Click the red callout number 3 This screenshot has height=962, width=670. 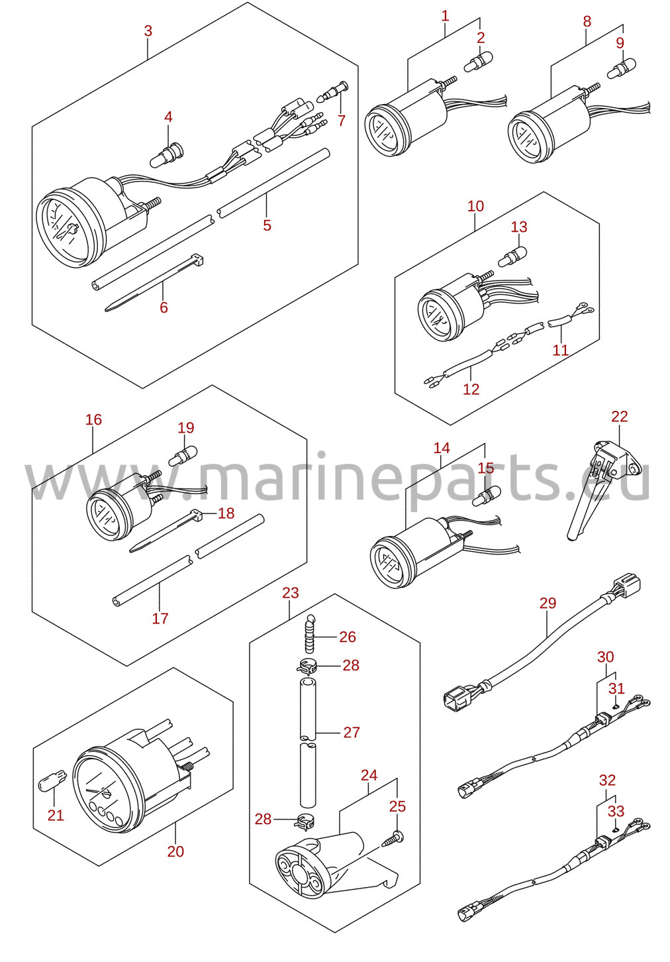tap(148, 31)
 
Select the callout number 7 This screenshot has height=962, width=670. tap(341, 121)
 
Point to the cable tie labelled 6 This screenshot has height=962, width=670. tap(154, 282)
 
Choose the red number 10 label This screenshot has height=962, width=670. tap(475, 206)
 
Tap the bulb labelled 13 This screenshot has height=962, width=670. tap(512, 256)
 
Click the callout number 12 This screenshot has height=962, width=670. tap(471, 389)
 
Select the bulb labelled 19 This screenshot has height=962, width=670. tap(183, 456)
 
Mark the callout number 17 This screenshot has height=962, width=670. tap(160, 618)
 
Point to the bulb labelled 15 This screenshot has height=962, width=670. tap(487, 496)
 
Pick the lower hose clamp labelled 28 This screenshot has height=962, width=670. tap(303, 822)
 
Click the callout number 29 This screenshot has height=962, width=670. tap(548, 603)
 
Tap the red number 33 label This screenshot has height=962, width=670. tap(616, 811)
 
